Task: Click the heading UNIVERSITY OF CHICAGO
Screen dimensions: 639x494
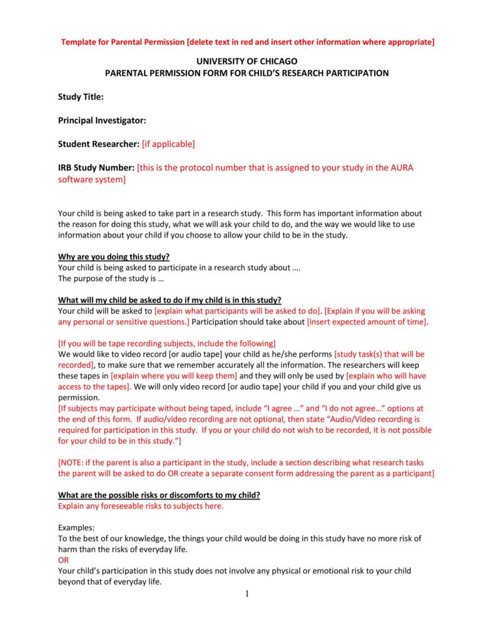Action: (x=246, y=61)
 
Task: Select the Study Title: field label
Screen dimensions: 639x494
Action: (x=81, y=97)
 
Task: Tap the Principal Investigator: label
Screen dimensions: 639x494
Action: (x=102, y=120)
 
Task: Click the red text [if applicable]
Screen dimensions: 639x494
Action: (x=168, y=144)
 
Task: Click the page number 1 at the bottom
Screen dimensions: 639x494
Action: (x=247, y=594)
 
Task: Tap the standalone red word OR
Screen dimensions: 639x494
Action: (x=63, y=560)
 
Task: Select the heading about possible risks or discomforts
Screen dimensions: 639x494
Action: (x=159, y=495)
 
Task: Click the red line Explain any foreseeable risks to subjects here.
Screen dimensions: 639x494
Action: (x=140, y=506)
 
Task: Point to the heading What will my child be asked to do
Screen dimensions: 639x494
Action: (x=169, y=299)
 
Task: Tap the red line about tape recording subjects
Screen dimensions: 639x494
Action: (x=166, y=343)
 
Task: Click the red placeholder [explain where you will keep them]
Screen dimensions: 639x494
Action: (x=174, y=376)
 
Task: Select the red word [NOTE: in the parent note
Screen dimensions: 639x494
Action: (x=74, y=463)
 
